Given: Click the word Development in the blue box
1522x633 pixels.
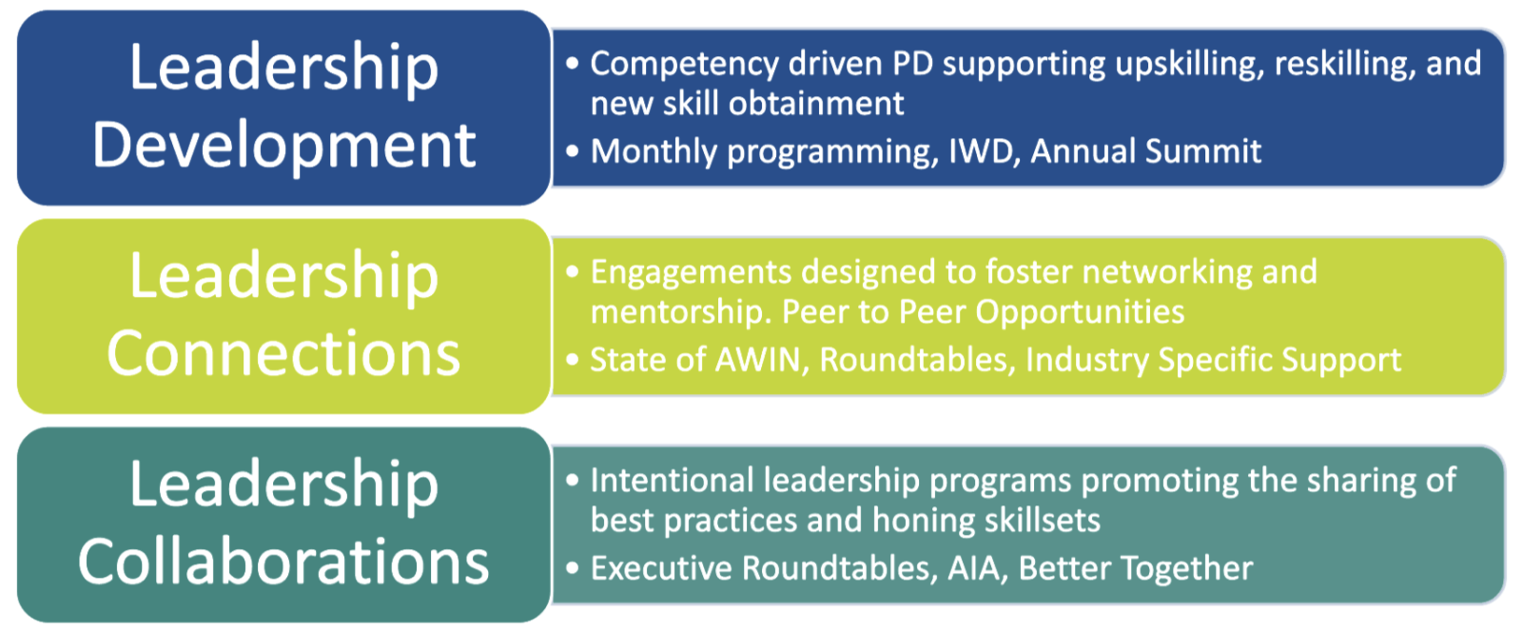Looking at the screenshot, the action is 284,147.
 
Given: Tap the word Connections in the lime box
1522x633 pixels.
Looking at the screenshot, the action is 284,353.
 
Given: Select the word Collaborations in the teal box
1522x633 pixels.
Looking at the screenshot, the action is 284,562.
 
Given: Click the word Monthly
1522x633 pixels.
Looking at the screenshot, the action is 654,152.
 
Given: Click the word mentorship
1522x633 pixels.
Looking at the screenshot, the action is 681,313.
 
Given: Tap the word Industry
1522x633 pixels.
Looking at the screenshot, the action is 1087,361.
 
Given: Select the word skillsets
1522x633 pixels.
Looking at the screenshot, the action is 1043,521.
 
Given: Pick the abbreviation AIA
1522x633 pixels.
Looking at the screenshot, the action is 976,568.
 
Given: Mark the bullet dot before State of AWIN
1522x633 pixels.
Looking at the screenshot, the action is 572,360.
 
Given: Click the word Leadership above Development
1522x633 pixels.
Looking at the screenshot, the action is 284,69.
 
